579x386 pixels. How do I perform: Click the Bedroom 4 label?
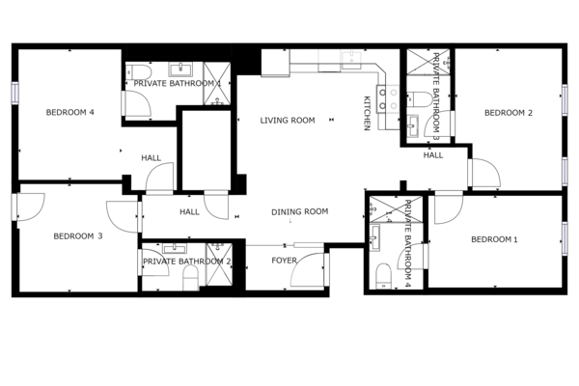pos(69,112)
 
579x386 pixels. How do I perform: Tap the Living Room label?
pos(288,121)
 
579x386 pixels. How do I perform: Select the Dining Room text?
pos(299,211)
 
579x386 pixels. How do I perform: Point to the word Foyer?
pos(284,261)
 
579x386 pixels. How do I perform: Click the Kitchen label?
pos(367,114)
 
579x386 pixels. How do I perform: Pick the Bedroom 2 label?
pos(509,113)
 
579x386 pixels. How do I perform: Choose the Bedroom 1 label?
pos(494,239)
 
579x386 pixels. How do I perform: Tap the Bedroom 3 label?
pos(77,236)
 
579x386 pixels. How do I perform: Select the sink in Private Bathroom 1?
pos(180,69)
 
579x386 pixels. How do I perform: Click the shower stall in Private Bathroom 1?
pos(217,84)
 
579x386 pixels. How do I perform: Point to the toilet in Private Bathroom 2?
pos(191,278)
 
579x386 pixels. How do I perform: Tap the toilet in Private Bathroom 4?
pos(384,276)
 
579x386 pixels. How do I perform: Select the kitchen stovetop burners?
pos(388,99)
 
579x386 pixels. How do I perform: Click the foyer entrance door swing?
pos(308,269)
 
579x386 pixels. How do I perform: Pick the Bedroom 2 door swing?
pos(485,173)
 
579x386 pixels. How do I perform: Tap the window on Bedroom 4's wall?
pos(14,93)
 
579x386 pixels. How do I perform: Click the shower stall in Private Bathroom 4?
pos(396,209)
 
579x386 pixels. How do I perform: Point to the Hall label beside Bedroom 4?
pos(152,158)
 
